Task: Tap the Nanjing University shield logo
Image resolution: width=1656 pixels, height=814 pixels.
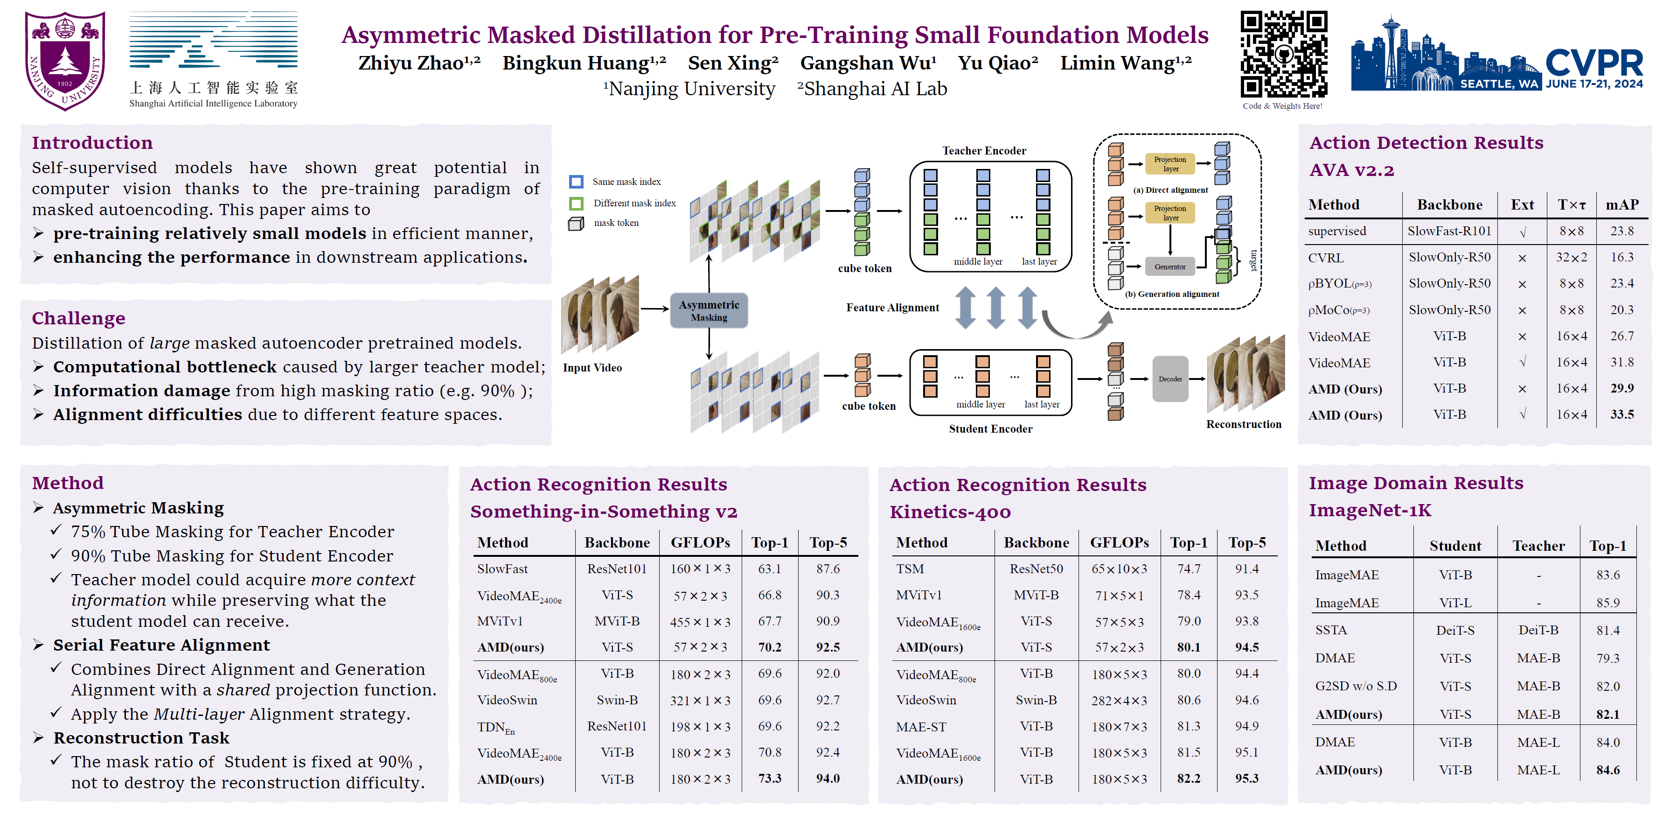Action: [64, 60]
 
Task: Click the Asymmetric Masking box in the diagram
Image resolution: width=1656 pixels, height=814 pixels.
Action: [709, 310]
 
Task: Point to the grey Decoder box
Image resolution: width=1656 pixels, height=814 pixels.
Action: [1170, 379]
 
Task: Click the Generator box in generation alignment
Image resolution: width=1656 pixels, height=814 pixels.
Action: [1169, 266]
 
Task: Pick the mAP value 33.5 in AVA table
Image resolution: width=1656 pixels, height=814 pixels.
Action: [1621, 415]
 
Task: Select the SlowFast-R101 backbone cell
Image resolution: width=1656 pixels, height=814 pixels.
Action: [1449, 231]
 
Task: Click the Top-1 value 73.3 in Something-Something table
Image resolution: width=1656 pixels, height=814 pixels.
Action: [770, 778]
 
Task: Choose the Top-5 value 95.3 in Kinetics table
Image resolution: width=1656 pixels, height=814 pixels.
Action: [1246, 778]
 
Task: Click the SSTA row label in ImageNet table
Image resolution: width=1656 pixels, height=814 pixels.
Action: [1331, 630]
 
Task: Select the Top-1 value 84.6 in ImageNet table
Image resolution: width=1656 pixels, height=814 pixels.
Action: [1608, 770]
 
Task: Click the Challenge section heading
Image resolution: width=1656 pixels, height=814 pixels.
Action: [78, 318]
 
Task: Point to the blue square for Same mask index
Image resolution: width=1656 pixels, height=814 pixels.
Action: [576, 182]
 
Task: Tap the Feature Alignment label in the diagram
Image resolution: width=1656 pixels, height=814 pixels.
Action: [892, 307]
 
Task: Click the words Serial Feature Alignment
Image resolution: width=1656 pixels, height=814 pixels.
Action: [161, 645]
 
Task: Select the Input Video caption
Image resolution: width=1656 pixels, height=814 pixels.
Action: [592, 368]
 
